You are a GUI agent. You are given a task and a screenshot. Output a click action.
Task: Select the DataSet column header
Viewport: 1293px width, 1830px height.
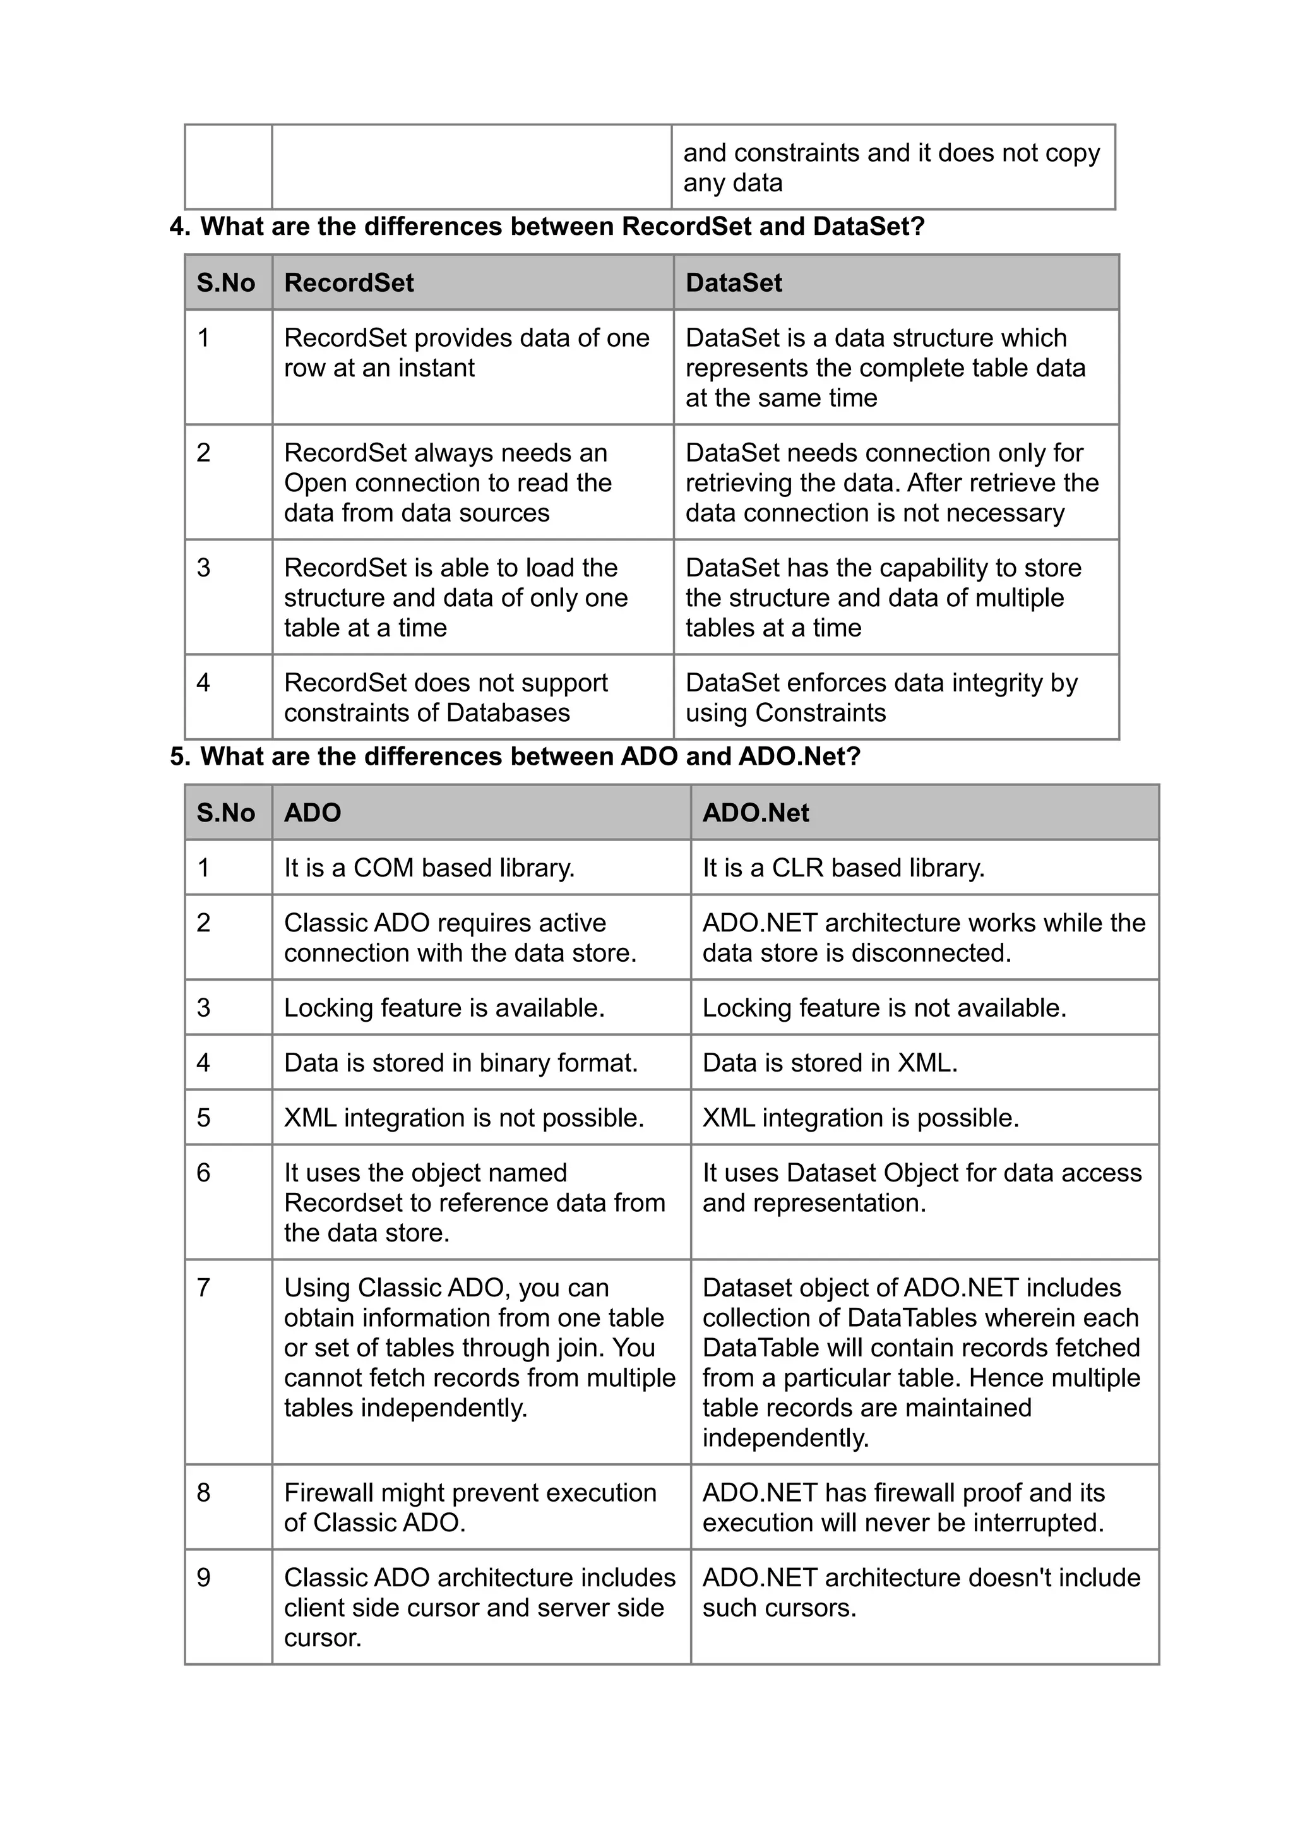(x=733, y=282)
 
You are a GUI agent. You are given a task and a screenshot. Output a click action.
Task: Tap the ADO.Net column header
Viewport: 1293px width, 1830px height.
(x=754, y=812)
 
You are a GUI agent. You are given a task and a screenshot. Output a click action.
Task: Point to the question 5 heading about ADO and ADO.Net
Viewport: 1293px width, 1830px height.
(x=515, y=756)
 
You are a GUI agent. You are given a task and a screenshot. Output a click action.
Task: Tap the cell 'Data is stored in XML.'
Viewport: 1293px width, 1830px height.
(x=830, y=1063)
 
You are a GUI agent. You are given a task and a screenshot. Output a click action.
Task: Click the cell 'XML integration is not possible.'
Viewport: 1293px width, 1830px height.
(x=463, y=1118)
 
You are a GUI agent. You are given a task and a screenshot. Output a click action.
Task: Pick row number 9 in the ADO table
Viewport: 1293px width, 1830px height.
(x=204, y=1577)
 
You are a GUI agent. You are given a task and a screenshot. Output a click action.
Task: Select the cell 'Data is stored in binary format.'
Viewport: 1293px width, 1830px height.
(x=460, y=1063)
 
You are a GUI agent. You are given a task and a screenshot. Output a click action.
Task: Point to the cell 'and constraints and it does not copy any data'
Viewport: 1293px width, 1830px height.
(x=891, y=167)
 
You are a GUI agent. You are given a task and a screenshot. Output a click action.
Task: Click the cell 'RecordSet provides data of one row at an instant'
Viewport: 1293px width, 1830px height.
(x=466, y=352)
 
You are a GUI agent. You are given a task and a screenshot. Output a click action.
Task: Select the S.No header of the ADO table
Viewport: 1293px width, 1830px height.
(x=225, y=812)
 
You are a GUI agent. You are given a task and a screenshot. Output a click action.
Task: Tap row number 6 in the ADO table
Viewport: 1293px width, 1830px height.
(x=204, y=1173)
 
